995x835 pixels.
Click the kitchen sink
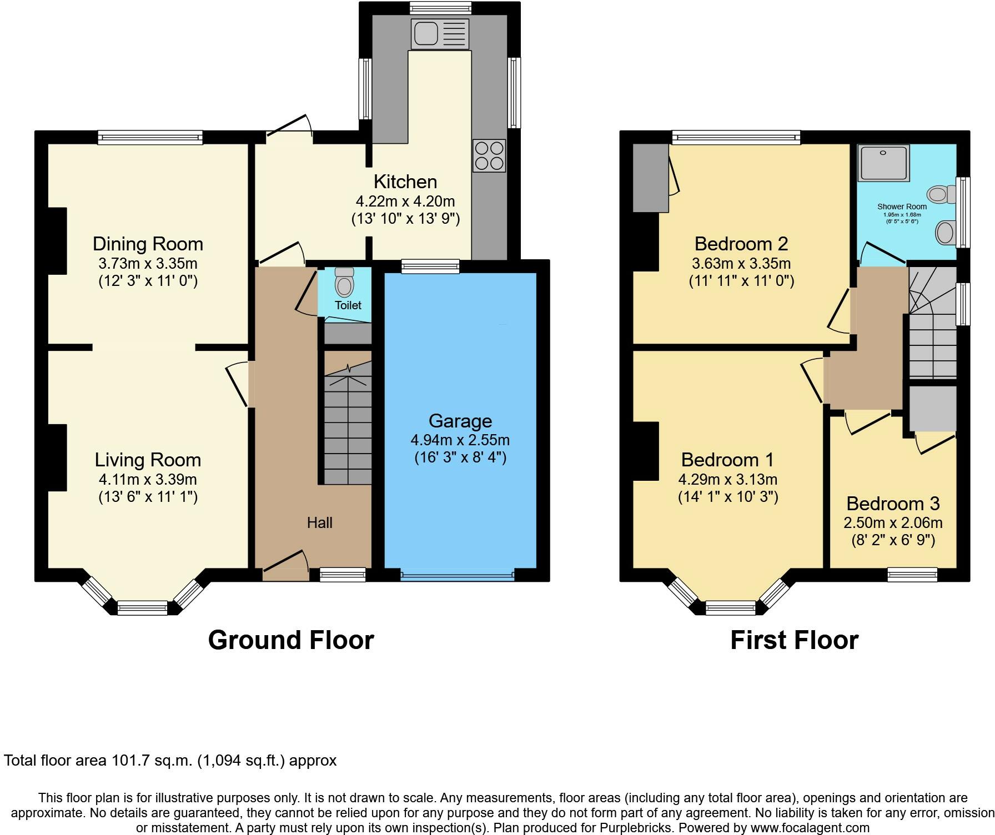click(440, 33)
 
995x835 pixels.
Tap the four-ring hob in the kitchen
click(489, 155)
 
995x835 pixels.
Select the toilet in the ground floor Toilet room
click(345, 282)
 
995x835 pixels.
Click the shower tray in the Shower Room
click(883, 163)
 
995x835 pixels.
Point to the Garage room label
click(460, 421)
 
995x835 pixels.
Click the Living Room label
click(148, 460)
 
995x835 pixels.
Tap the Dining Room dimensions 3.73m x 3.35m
click(148, 263)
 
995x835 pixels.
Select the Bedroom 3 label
click(893, 504)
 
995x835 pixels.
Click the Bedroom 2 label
click(741, 244)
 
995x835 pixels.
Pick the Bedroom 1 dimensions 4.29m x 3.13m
click(728, 479)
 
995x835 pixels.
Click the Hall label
click(320, 522)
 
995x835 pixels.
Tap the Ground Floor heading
click(291, 640)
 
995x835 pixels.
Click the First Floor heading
click(794, 640)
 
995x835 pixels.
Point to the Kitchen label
click(405, 182)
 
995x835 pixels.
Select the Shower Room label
click(902, 207)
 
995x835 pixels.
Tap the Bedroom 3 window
click(912, 575)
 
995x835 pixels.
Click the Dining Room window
click(150, 138)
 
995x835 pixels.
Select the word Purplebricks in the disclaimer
click(635, 828)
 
